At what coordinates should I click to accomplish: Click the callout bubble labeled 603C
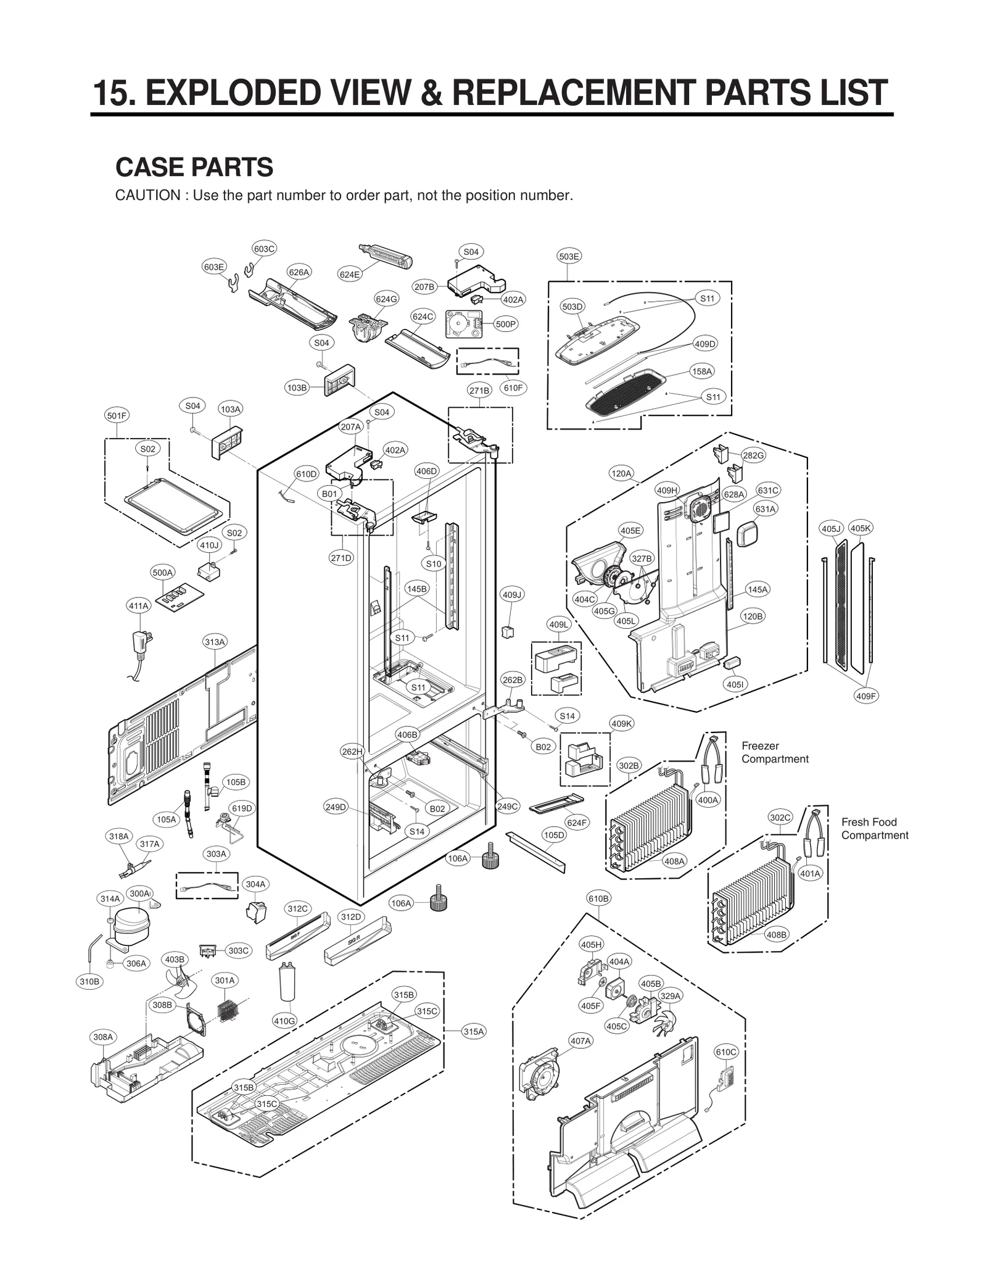coord(264,249)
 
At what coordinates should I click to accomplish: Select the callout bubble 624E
coord(350,274)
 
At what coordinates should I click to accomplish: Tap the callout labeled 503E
coord(569,256)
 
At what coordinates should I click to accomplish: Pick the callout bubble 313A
coord(215,642)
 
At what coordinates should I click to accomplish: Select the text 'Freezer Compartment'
coord(774,752)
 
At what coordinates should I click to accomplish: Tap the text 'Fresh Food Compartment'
coord(874,828)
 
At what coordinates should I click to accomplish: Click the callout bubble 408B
coord(777,934)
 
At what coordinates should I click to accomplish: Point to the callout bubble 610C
coord(725,1052)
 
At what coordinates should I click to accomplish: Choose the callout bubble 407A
coord(580,1041)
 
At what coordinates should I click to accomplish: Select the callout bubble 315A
coord(474,1031)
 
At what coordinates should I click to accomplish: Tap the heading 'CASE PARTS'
coord(194,167)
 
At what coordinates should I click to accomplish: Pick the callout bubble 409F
coord(866,696)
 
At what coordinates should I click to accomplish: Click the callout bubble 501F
coord(117,415)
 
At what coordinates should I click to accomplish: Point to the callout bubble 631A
coord(765,509)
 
